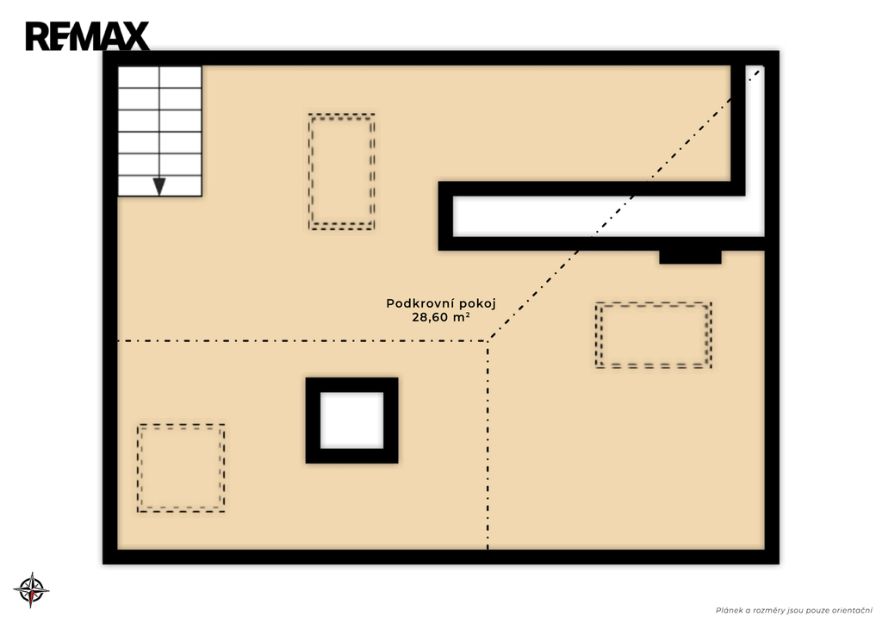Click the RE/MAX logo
click(87, 36)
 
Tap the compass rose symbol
click(32, 589)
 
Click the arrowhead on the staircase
click(159, 186)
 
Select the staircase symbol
click(159, 131)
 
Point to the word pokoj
click(477, 304)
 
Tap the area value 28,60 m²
click(441, 317)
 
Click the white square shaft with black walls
click(352, 421)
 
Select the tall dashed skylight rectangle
click(341, 171)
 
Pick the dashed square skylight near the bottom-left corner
click(181, 468)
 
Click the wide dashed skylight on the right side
click(654, 335)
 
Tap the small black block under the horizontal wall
click(690, 257)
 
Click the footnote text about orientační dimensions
click(793, 611)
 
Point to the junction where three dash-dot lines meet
click(488, 340)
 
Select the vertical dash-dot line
click(488, 445)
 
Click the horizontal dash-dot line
click(302, 341)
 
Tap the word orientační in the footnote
click(853, 611)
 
